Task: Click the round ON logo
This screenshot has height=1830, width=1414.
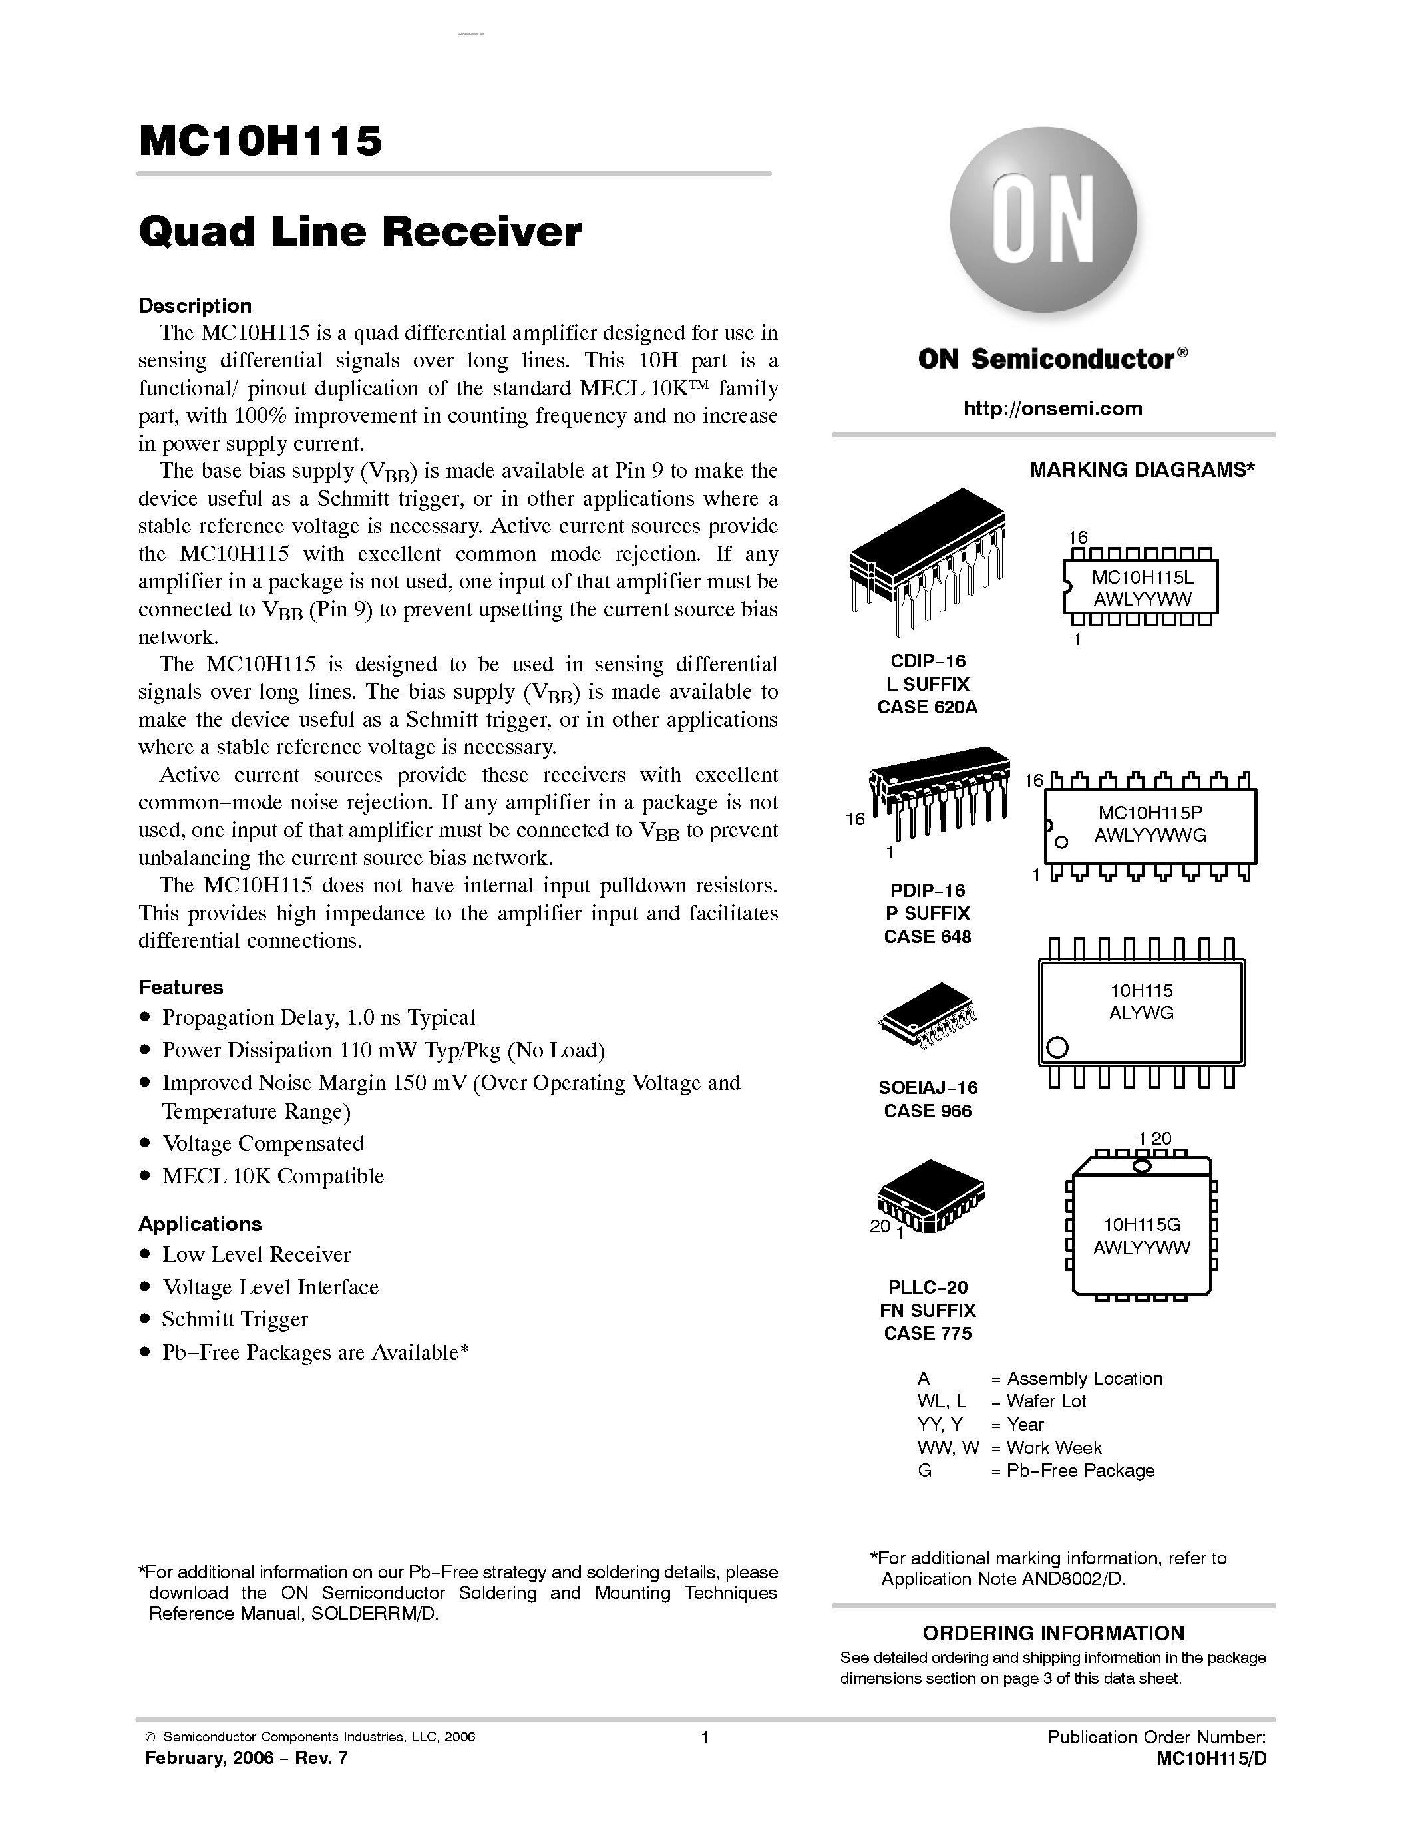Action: [1043, 220]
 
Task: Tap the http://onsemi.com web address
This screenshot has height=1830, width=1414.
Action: [1052, 409]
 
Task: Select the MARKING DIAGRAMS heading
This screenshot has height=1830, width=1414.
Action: [1142, 470]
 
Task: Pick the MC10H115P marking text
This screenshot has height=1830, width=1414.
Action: [1150, 812]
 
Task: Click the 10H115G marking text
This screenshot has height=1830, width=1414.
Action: [1141, 1224]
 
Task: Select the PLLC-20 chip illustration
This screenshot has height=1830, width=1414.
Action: [930, 1195]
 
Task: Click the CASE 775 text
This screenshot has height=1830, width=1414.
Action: [928, 1332]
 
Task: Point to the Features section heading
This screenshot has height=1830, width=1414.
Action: [181, 987]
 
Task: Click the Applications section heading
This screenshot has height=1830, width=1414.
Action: [200, 1224]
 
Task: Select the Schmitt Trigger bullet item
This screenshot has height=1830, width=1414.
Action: [234, 1319]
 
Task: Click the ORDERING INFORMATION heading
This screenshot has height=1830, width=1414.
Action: [1053, 1633]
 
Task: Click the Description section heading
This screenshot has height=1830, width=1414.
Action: [194, 306]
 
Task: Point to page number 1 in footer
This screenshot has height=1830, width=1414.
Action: [705, 1738]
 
